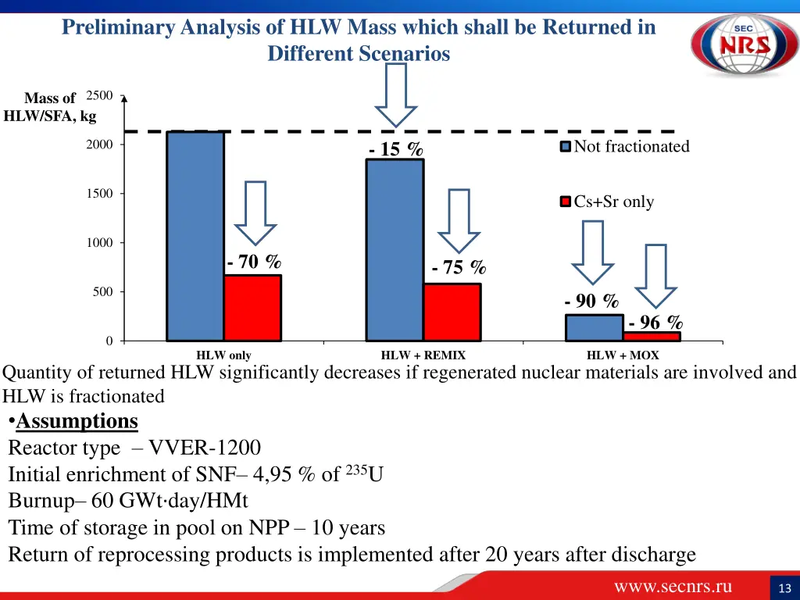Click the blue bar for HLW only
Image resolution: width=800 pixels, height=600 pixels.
(195, 236)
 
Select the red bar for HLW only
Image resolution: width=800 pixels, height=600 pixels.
(252, 308)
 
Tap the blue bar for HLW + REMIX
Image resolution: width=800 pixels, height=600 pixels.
(395, 250)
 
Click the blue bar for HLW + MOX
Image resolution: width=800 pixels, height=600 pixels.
(595, 327)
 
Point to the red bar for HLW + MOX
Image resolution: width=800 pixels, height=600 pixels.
(652, 337)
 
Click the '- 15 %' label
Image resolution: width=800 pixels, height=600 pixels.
(396, 149)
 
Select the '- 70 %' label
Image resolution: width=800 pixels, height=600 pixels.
(254, 262)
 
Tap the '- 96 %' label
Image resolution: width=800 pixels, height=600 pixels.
(655, 322)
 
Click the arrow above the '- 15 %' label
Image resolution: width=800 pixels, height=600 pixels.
(397, 94)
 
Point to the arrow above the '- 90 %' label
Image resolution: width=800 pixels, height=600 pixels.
(594, 252)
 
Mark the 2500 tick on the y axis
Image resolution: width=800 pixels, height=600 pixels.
(99, 95)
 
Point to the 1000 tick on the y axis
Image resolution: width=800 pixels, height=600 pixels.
(99, 243)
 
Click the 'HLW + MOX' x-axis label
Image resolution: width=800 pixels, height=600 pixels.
(623, 355)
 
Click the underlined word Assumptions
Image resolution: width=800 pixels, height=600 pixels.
(77, 421)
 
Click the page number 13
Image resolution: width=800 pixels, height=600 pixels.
(784, 587)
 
